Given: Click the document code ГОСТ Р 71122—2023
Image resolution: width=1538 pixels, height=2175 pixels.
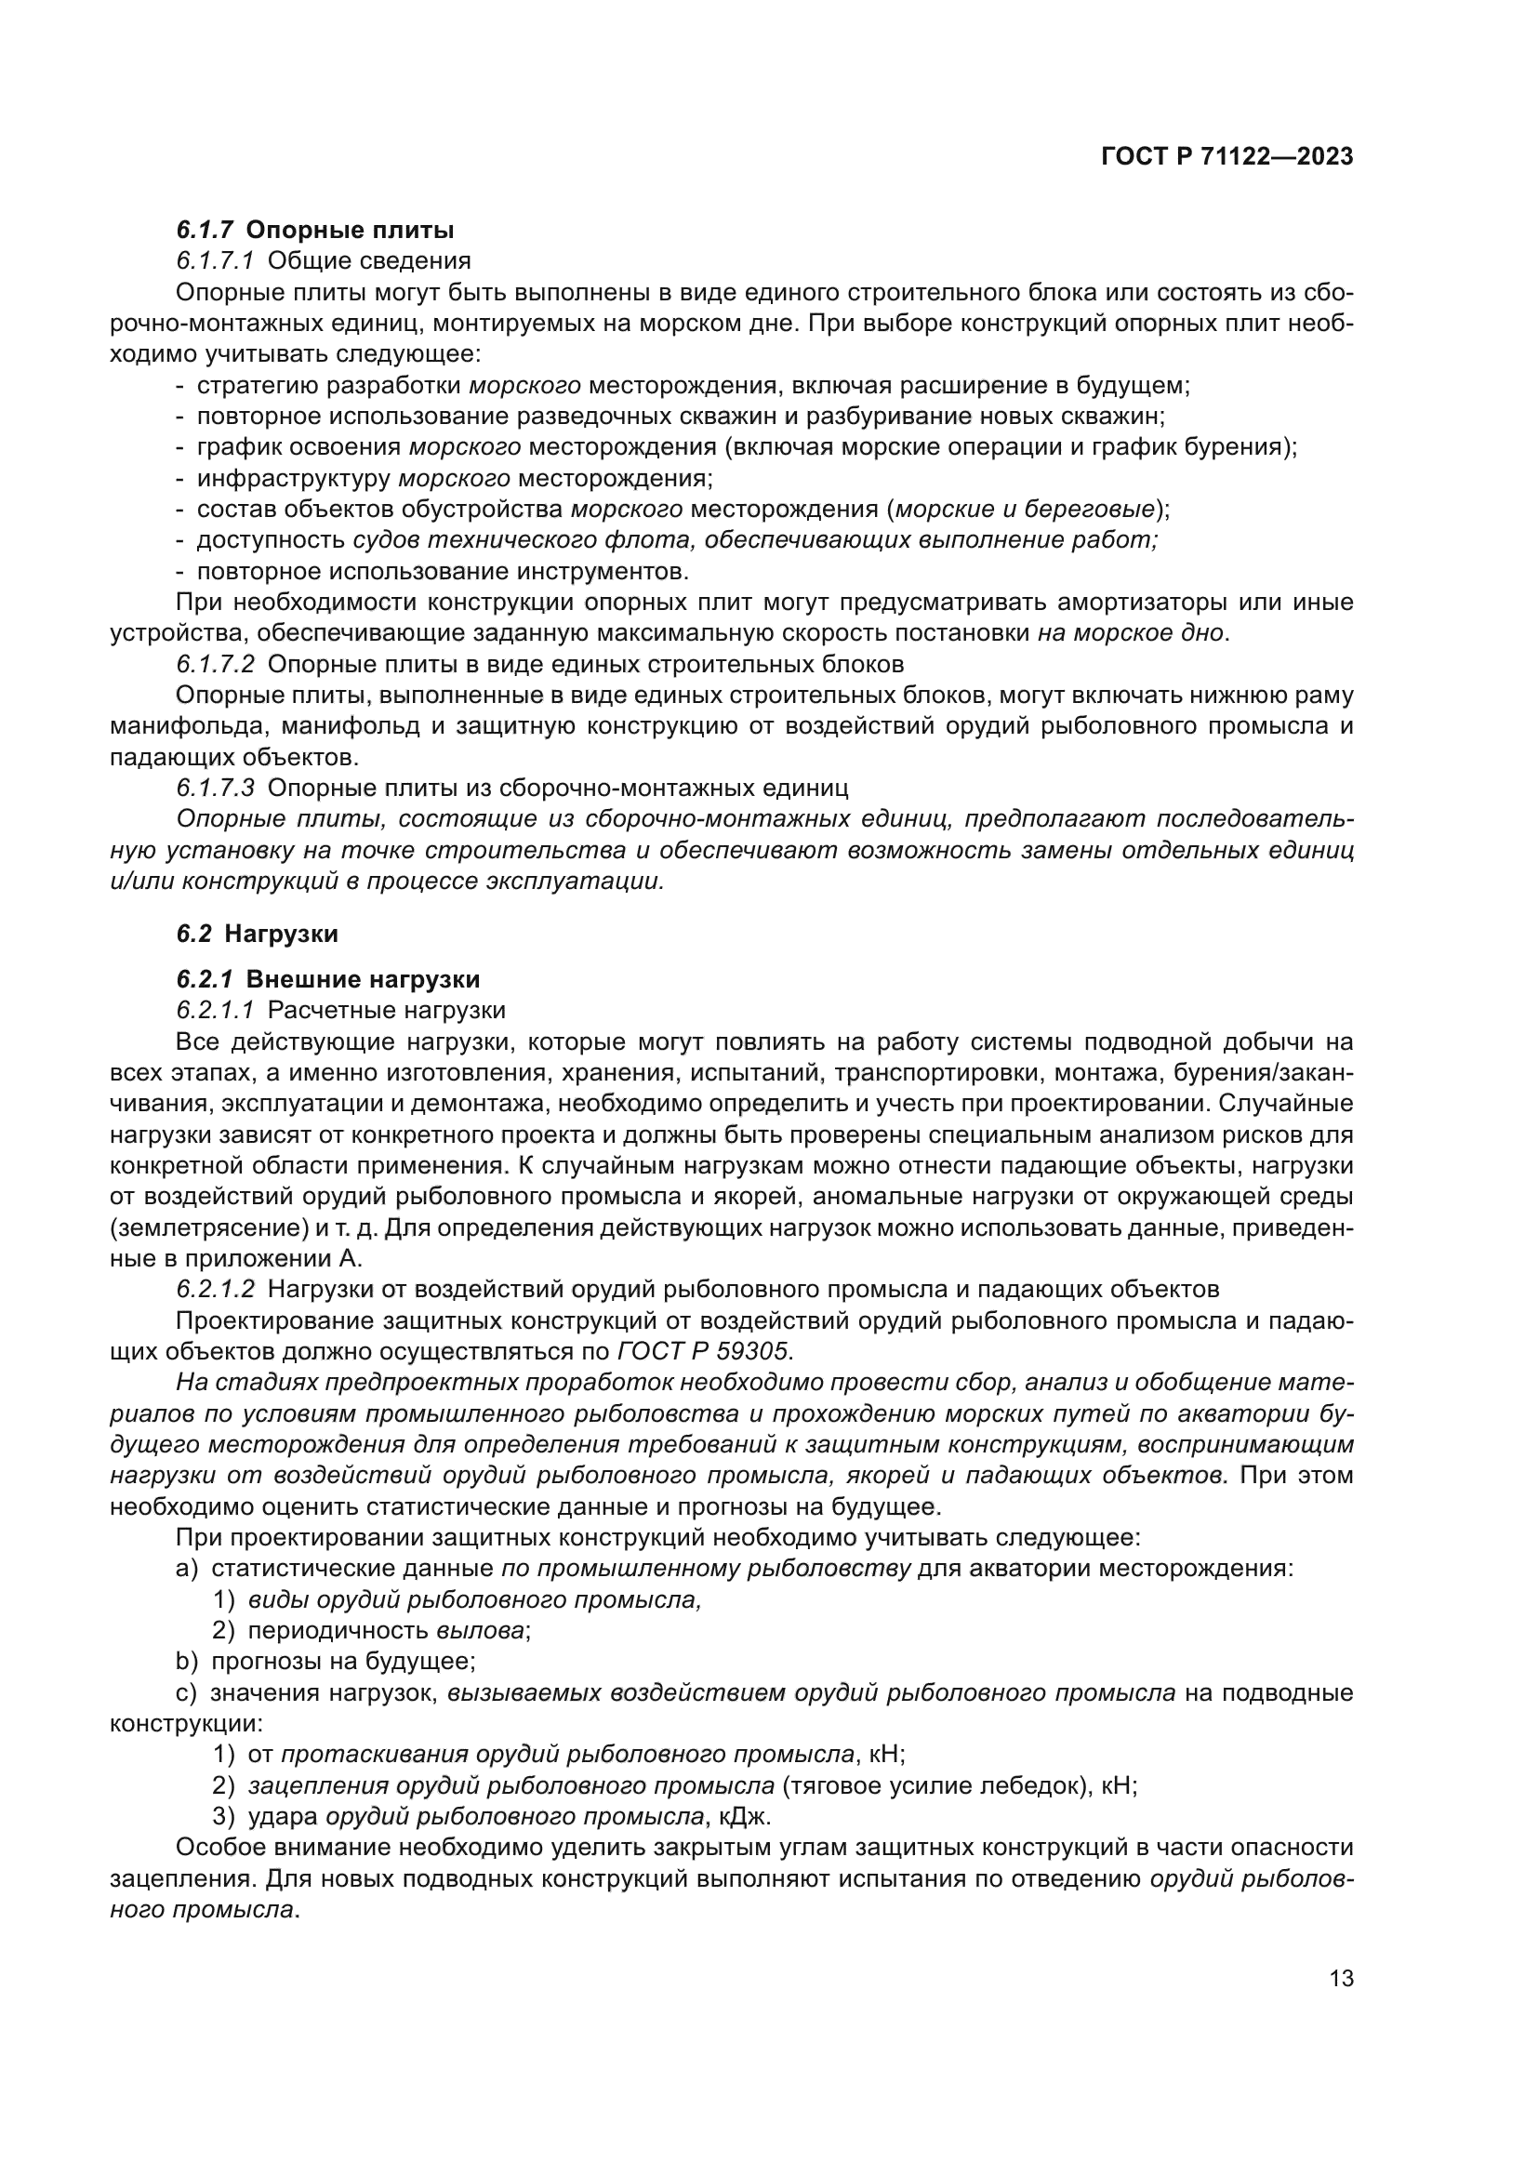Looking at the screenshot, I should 1227,157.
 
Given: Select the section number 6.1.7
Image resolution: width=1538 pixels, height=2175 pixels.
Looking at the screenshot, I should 205,231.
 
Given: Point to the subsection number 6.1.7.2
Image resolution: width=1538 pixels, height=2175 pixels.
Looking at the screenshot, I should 215,664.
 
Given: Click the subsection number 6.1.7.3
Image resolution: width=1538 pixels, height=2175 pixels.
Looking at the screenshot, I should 215,789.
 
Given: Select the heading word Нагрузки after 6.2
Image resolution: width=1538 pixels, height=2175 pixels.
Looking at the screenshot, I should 281,934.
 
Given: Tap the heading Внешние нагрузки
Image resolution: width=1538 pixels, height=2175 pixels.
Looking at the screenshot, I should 363,979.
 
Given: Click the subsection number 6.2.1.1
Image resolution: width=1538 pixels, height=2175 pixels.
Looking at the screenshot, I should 215,1011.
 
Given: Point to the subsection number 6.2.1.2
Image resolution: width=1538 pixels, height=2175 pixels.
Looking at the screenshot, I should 215,1289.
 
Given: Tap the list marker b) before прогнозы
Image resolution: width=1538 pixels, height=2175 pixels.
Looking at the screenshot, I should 187,1662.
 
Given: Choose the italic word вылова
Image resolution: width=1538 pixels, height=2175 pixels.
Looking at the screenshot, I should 480,1630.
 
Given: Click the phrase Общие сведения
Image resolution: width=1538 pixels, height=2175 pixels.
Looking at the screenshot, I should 369,260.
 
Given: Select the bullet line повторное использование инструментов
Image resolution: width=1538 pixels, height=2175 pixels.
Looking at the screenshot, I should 443,571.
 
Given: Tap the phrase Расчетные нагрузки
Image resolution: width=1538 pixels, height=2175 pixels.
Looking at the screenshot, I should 387,1011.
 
